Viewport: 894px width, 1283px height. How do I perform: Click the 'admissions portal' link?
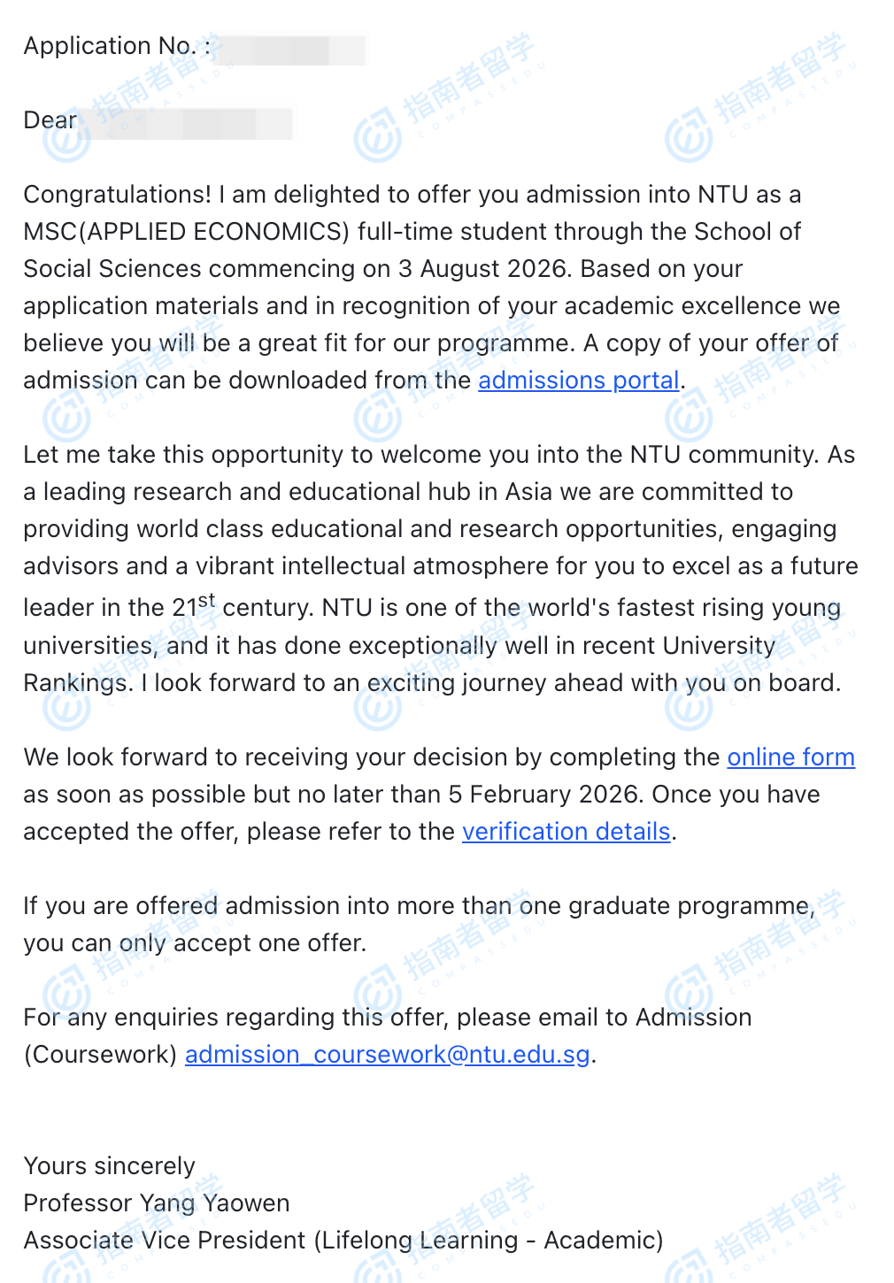pos(579,380)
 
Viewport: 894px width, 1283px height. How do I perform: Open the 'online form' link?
pos(790,757)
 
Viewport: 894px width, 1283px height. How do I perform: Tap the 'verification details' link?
pos(566,832)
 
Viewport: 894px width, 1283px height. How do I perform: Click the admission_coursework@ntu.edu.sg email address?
pos(387,1055)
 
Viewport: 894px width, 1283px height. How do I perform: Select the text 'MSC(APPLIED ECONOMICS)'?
pos(187,232)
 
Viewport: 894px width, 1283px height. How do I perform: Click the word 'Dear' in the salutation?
pos(50,120)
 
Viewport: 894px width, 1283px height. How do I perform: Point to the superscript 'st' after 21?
pos(207,600)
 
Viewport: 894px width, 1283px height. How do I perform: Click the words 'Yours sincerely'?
pos(109,1166)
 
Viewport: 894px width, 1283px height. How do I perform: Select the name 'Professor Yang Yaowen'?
pos(156,1203)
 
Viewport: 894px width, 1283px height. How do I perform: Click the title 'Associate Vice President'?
pos(165,1241)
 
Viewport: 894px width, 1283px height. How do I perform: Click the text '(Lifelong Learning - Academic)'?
pos(489,1241)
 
